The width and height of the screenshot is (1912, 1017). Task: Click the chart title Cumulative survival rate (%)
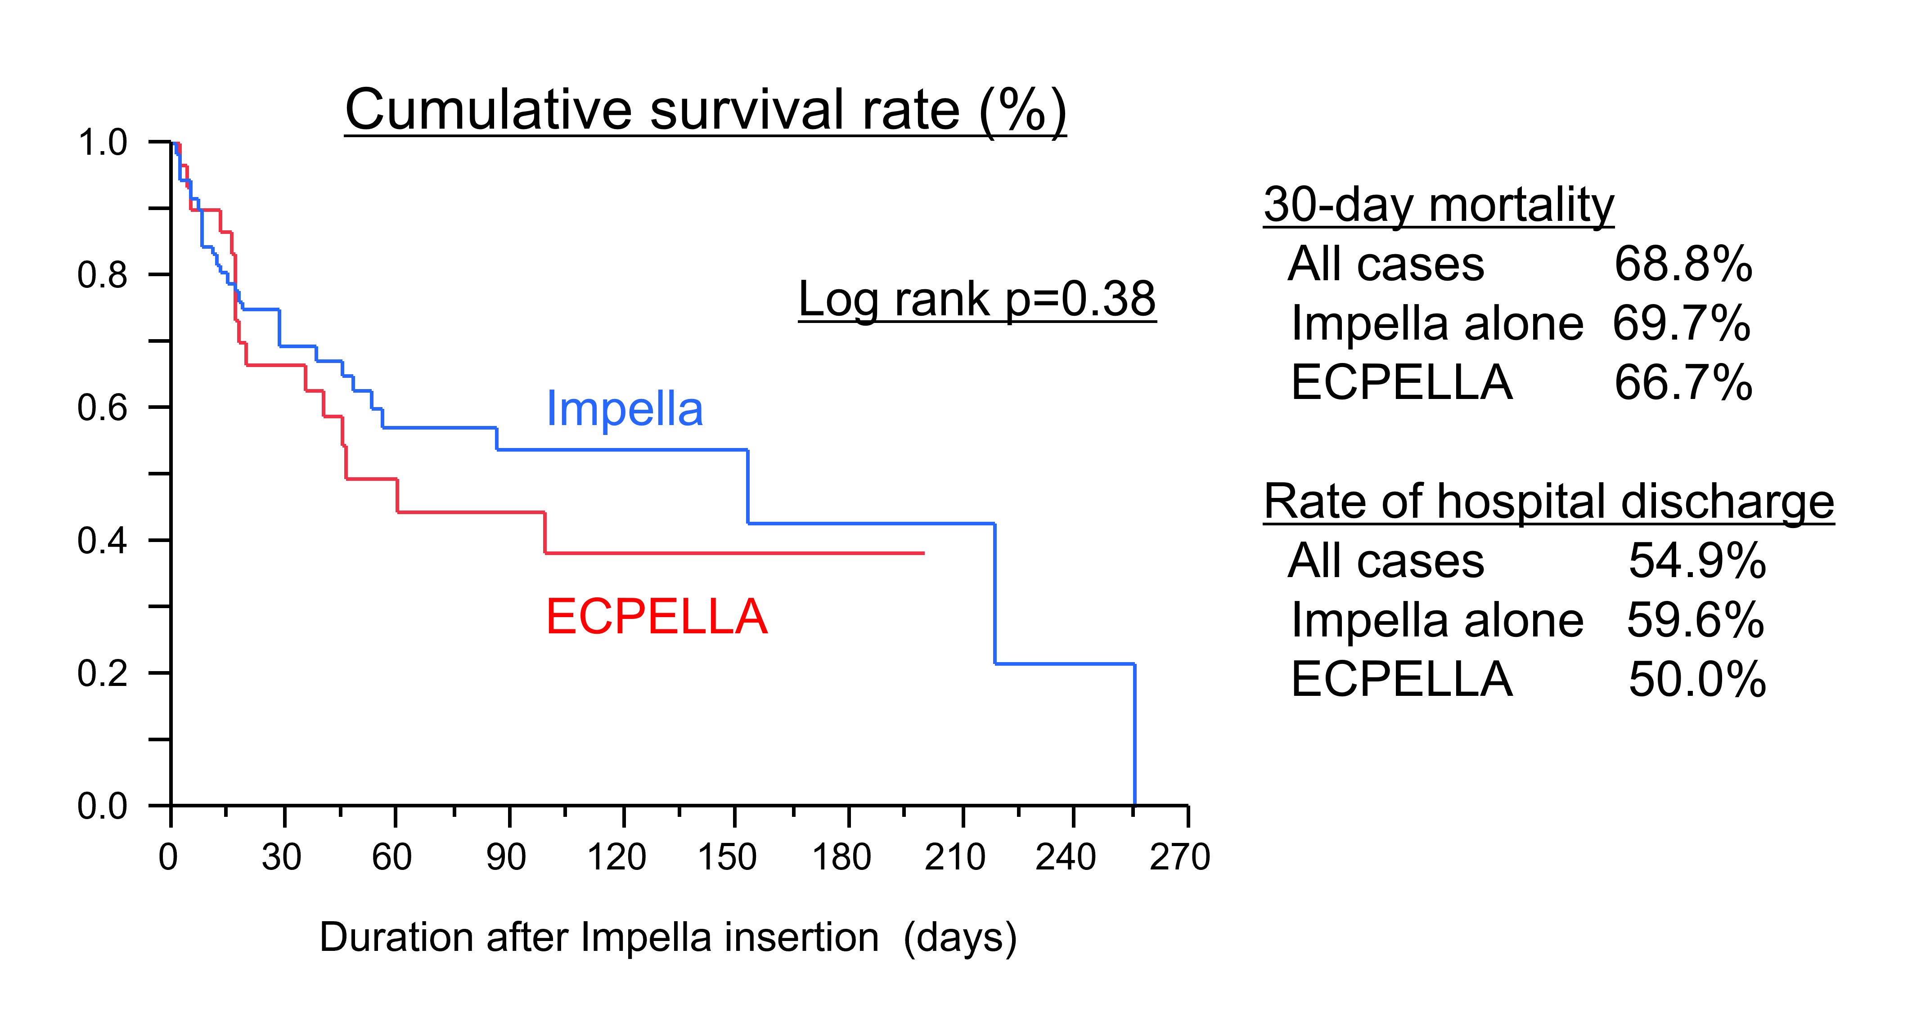click(x=705, y=111)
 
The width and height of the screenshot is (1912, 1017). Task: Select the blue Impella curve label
click(x=624, y=409)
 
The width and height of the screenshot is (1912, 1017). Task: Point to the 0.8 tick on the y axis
click(x=103, y=275)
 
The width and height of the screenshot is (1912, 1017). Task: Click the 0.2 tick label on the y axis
click(x=103, y=673)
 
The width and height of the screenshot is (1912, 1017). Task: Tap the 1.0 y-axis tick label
click(x=103, y=143)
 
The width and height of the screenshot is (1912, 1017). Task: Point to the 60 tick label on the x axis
click(x=392, y=857)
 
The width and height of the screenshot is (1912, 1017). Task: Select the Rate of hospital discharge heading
click(x=1548, y=502)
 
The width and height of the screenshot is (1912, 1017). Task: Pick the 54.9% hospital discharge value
click(x=1697, y=561)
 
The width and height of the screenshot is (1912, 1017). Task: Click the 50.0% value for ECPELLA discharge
click(x=1697, y=680)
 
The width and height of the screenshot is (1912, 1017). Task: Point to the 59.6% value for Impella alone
click(x=1695, y=620)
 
